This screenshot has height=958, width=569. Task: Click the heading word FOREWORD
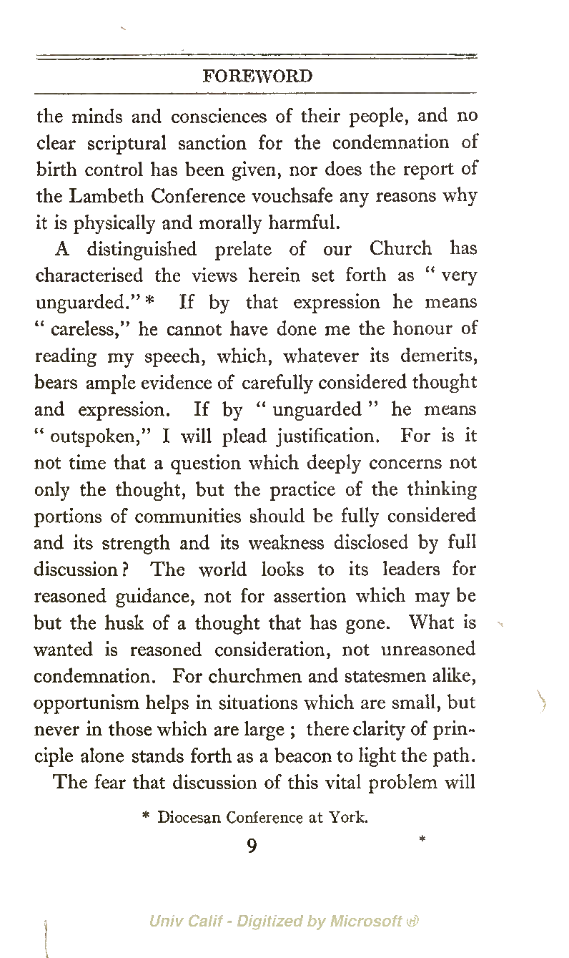click(x=257, y=77)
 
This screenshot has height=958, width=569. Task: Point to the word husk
click(x=124, y=623)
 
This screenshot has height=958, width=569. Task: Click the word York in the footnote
click(x=347, y=817)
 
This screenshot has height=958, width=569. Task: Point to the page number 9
click(x=252, y=847)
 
